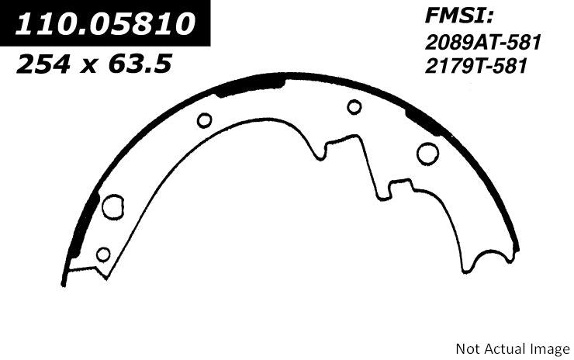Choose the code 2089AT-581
tap(482, 45)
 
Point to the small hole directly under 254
tap(205, 120)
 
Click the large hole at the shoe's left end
tap(113, 206)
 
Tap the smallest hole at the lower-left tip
tap(102, 254)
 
